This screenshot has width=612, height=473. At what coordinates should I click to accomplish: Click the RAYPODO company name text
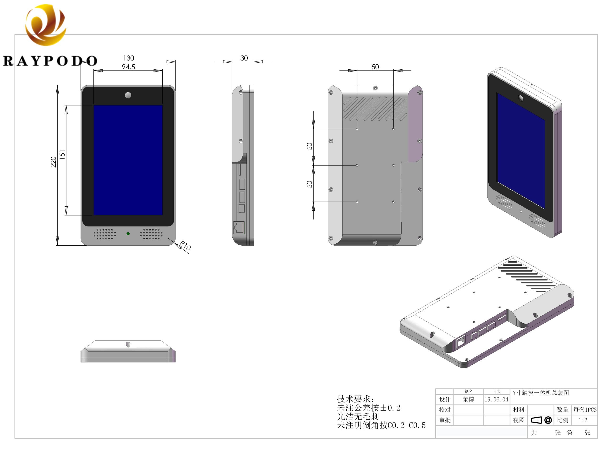[50, 61]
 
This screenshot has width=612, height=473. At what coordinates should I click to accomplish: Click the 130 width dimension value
[129, 58]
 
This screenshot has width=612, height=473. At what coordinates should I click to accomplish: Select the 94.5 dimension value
[128, 67]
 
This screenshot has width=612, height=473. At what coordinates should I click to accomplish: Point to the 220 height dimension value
[53, 162]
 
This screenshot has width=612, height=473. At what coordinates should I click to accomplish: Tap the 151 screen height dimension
[62, 154]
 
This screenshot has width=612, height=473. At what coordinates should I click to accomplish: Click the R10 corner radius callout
[185, 245]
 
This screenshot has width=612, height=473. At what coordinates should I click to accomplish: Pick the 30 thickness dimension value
[244, 58]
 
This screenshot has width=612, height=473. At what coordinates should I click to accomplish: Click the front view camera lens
[128, 95]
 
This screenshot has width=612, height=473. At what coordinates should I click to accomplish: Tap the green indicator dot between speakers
[128, 234]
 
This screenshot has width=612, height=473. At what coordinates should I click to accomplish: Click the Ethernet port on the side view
[239, 228]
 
